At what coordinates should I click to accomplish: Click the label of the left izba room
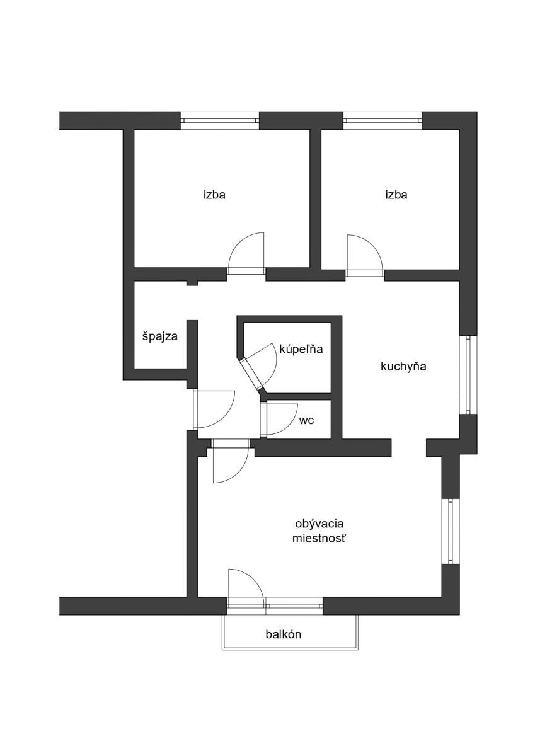coord(214,195)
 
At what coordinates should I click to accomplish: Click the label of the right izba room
coord(396,195)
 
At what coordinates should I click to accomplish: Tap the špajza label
coord(159,336)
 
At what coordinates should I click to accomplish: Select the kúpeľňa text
coord(301,349)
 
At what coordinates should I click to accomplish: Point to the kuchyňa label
coord(403,367)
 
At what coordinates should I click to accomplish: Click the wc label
coord(307,420)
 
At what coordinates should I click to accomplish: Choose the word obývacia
coord(322,523)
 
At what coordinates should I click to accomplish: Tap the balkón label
coord(283,634)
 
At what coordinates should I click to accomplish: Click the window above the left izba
coord(220,120)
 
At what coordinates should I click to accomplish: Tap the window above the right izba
coord(382,120)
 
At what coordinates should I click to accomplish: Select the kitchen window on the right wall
coord(468,375)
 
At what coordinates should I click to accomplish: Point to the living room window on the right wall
coord(450,531)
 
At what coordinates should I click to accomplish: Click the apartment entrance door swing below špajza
coord(215,409)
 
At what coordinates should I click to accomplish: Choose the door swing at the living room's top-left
coord(230,463)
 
